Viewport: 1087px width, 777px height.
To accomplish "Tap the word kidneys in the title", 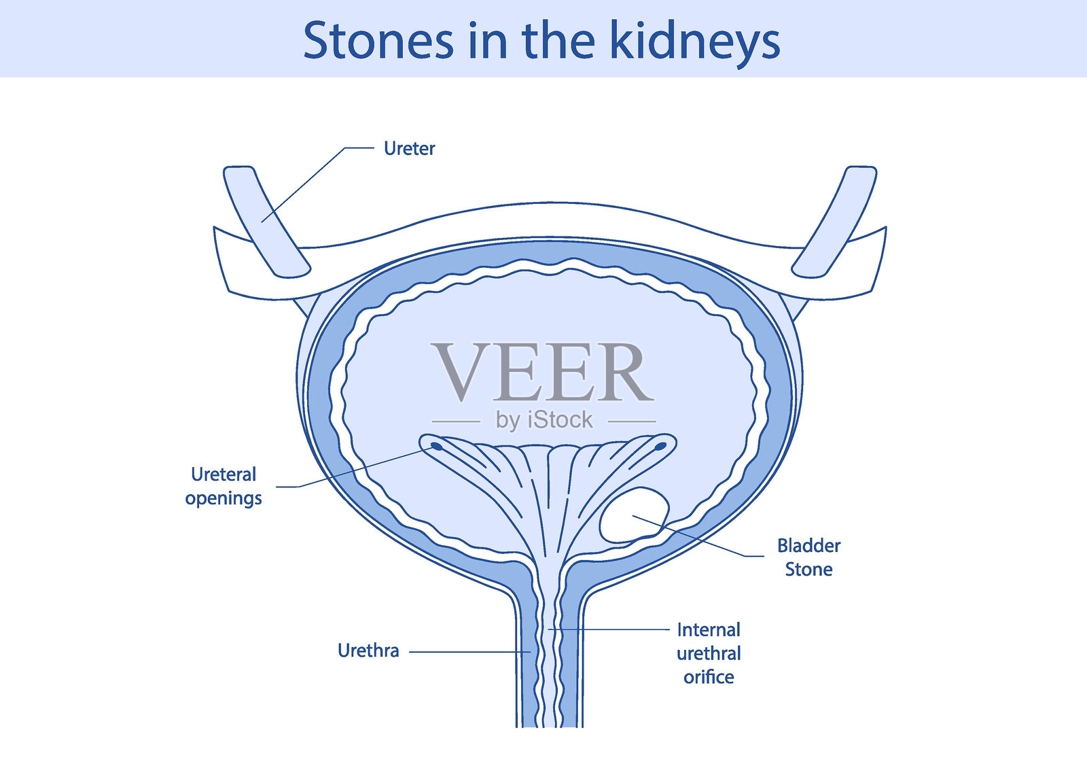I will [694, 42].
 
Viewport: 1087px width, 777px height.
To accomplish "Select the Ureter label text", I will [409, 148].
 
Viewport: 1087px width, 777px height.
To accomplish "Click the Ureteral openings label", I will [224, 485].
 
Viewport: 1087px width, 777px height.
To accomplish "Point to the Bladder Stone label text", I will [808, 557].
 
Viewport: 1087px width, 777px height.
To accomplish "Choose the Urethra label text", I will [368, 651].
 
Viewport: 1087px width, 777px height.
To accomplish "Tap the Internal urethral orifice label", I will [709, 653].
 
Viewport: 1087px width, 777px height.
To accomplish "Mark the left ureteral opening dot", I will [437, 447].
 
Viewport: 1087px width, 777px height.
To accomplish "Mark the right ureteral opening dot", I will [660, 447].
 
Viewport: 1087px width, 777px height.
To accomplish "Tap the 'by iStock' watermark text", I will [544, 420].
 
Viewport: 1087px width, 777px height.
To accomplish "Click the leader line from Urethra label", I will [469, 652].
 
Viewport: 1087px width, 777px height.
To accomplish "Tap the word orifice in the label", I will [709, 677].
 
